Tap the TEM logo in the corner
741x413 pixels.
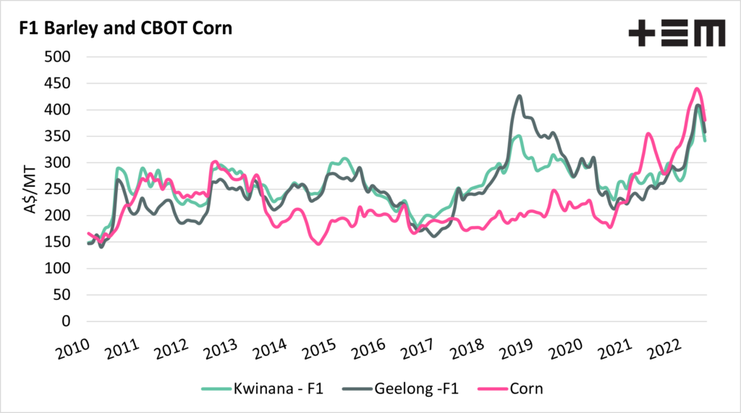676,33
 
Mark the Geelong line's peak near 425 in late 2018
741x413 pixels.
519,96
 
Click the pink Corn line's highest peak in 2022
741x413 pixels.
696,89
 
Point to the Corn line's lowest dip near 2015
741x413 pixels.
319,244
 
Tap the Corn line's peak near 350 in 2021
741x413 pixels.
648,134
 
